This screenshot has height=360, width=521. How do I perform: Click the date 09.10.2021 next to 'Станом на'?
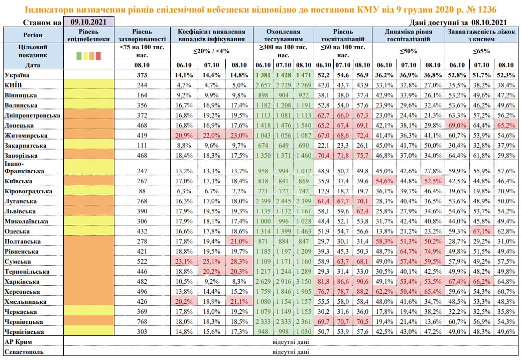(x=88, y=22)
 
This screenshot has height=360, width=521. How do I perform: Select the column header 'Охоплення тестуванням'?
(x=285, y=34)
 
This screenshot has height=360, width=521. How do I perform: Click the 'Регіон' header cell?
(x=33, y=35)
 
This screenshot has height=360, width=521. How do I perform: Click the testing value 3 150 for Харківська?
(x=305, y=281)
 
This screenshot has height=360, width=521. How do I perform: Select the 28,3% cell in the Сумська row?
(x=236, y=262)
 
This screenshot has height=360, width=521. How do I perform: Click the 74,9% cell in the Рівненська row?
(x=430, y=251)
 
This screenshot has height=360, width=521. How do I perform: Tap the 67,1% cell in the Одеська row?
(x=482, y=231)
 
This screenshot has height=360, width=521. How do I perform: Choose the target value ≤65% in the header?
(x=481, y=50)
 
